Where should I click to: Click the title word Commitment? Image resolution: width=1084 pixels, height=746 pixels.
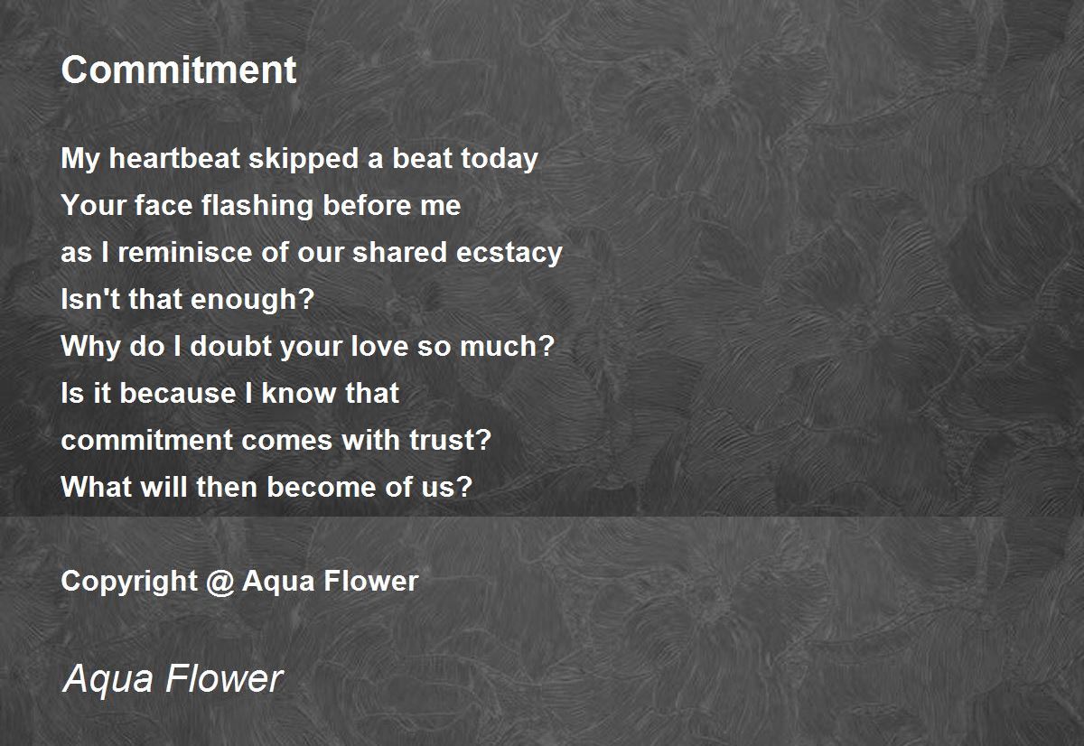(x=178, y=70)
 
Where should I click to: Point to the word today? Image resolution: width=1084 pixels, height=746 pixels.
(x=499, y=159)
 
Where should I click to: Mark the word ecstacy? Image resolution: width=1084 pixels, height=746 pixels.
(x=511, y=253)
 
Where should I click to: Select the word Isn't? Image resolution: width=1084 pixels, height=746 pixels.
(x=90, y=300)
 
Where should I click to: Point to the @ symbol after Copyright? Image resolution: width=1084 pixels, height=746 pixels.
(x=220, y=581)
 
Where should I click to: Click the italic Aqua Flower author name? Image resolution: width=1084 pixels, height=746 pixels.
(x=173, y=679)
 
